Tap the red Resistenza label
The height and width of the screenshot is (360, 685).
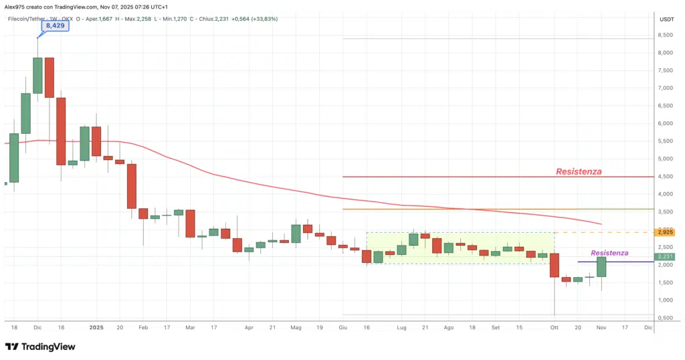click(579, 171)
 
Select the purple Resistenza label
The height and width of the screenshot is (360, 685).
click(609, 253)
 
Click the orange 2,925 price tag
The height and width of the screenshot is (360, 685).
click(665, 232)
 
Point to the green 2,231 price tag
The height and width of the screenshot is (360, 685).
click(665, 256)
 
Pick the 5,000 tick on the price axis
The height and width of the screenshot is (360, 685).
click(665, 159)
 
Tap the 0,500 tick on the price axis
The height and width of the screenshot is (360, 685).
click(665, 317)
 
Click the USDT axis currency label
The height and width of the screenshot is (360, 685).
click(666, 19)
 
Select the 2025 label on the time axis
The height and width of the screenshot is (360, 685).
click(96, 328)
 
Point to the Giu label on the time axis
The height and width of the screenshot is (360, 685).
click(343, 328)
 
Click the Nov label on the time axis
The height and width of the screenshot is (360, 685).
click(601, 328)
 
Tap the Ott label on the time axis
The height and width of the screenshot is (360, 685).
click(554, 328)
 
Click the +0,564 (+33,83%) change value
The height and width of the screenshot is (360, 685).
click(254, 19)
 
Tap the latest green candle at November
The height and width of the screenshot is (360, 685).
click(601, 267)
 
